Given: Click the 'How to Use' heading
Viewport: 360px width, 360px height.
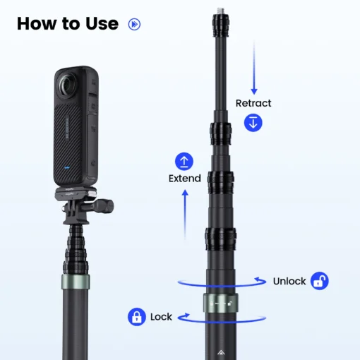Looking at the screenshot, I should pos(67,23).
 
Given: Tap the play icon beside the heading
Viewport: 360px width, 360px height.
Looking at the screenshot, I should pos(134,24).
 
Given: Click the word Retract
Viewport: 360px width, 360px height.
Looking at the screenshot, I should pos(253,103).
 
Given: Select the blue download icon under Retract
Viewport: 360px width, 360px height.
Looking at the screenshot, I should pos(253,122).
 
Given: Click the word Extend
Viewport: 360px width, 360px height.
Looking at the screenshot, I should pos(184,179).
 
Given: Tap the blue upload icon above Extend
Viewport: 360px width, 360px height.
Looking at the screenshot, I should pos(184,160).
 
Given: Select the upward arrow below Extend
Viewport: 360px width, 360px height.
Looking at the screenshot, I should pos(184,215).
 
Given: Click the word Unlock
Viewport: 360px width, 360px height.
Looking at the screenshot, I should pos(289,281).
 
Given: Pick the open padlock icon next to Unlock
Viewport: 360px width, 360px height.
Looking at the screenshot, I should pos(319,281).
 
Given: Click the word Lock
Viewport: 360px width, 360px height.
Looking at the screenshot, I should pos(161,317).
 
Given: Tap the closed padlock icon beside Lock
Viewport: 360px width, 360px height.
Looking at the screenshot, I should pos(136,317).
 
